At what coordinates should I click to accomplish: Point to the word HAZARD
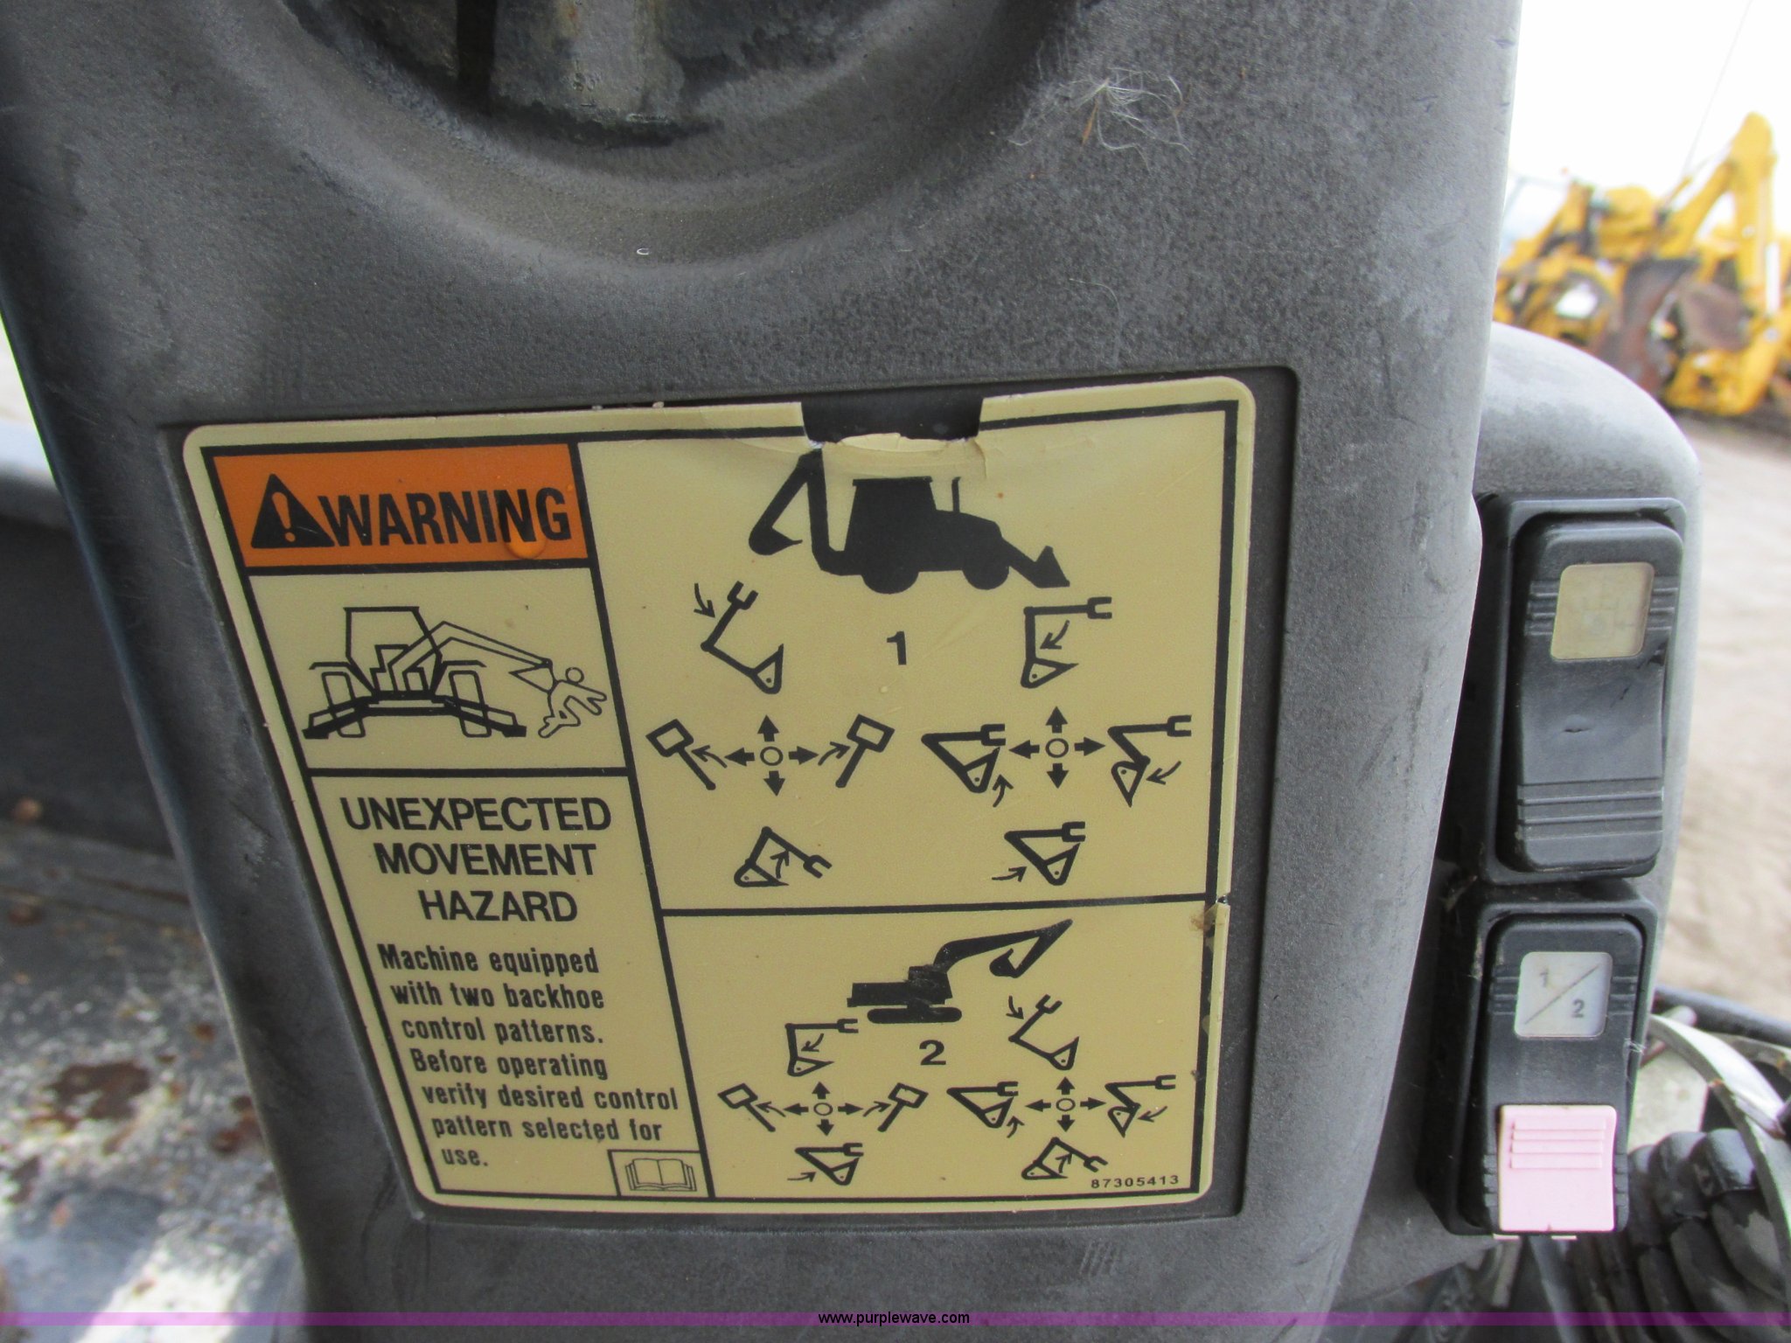tap(500, 906)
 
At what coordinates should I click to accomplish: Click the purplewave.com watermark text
tap(894, 1318)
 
